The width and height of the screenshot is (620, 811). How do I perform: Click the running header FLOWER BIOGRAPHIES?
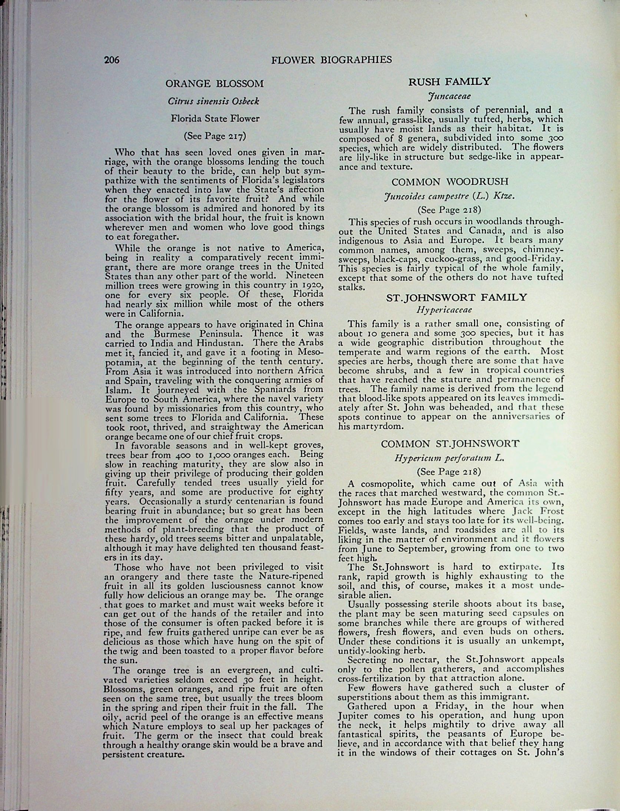point(332,60)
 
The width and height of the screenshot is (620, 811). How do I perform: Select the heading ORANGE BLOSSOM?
point(215,83)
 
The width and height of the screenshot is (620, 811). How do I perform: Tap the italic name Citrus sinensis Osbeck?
point(215,101)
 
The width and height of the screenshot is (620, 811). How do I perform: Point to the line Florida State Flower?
point(215,119)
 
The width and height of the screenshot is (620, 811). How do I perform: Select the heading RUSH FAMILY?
point(450,82)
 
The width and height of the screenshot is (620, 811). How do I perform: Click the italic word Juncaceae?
point(449,96)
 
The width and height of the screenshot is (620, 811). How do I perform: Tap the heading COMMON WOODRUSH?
point(450,182)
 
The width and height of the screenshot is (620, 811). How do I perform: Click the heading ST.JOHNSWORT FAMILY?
point(457,297)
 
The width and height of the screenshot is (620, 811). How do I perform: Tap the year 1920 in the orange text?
point(312,286)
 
